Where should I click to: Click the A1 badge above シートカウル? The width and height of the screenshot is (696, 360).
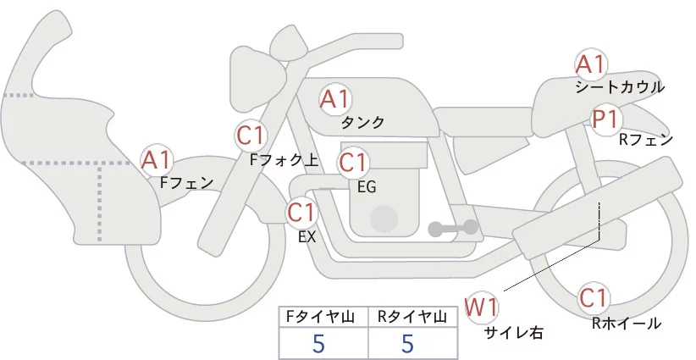click(x=590, y=64)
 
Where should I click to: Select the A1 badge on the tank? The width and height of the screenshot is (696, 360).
click(x=334, y=100)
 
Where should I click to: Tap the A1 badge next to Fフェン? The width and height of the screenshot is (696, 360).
click(x=157, y=159)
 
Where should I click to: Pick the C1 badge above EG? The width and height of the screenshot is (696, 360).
click(x=353, y=161)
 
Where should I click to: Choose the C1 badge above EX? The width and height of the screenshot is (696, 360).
click(x=301, y=211)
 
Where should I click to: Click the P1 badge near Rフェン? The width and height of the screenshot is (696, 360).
click(x=606, y=119)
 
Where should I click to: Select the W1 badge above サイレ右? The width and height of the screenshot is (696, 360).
click(x=483, y=306)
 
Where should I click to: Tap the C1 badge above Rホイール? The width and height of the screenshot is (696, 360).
click(x=595, y=298)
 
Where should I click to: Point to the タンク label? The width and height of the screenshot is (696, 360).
click(x=362, y=123)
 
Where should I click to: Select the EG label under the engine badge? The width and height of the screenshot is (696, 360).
click(x=367, y=186)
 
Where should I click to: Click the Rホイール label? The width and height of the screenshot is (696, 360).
click(x=627, y=323)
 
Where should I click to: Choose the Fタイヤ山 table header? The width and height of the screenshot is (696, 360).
click(x=323, y=318)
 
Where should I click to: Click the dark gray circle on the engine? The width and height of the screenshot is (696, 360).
click(x=384, y=219)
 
